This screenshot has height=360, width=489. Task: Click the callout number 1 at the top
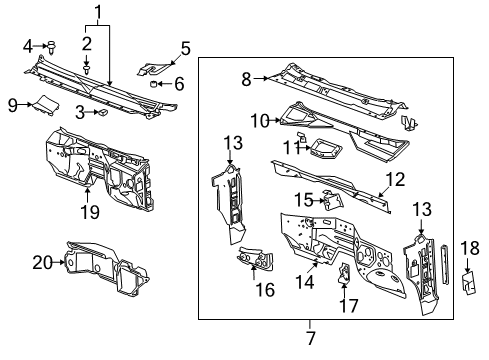click(x=98, y=12)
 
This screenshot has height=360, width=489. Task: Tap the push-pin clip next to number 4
click(x=52, y=45)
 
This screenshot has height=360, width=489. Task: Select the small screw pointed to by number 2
click(x=89, y=72)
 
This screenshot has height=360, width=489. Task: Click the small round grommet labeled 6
click(x=155, y=85)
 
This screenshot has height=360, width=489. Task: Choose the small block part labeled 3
click(x=101, y=114)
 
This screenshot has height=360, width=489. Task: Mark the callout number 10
click(x=254, y=121)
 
